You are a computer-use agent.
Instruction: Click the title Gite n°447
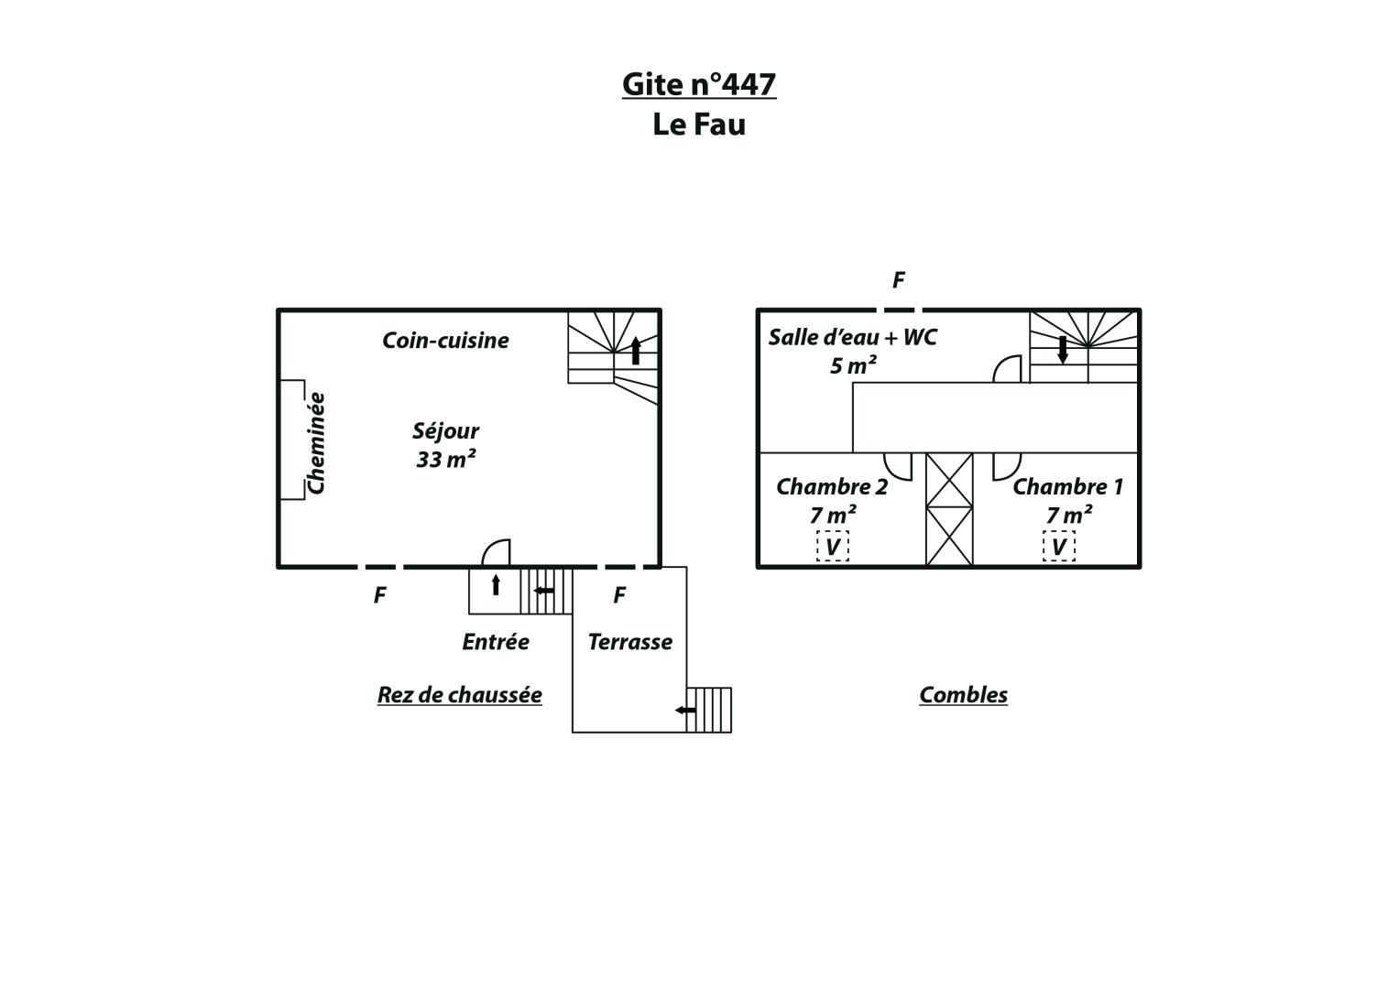click(x=699, y=84)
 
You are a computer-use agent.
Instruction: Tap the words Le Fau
click(x=699, y=125)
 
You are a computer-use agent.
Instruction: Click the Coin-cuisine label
click(x=445, y=341)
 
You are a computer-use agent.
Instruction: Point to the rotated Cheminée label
click(x=316, y=442)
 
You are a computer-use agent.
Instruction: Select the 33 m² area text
click(x=446, y=460)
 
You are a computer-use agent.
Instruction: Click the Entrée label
click(x=496, y=642)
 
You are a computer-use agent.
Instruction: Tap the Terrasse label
click(x=630, y=642)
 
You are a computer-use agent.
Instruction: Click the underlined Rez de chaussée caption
click(x=460, y=695)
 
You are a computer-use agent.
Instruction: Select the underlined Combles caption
click(x=963, y=695)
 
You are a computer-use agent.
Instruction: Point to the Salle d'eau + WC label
click(x=853, y=337)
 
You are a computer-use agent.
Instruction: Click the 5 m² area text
click(x=853, y=365)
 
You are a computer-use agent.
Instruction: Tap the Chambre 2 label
click(x=832, y=487)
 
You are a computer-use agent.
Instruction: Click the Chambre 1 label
click(x=1068, y=487)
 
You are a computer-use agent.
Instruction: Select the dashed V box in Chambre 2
click(x=833, y=547)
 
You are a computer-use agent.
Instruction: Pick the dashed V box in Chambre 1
click(x=1058, y=547)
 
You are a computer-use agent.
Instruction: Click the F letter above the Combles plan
click(x=898, y=280)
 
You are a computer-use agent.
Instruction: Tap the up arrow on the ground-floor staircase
click(x=636, y=350)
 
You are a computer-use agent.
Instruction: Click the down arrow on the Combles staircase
click(x=1063, y=350)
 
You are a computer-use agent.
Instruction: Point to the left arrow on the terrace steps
click(x=685, y=710)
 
